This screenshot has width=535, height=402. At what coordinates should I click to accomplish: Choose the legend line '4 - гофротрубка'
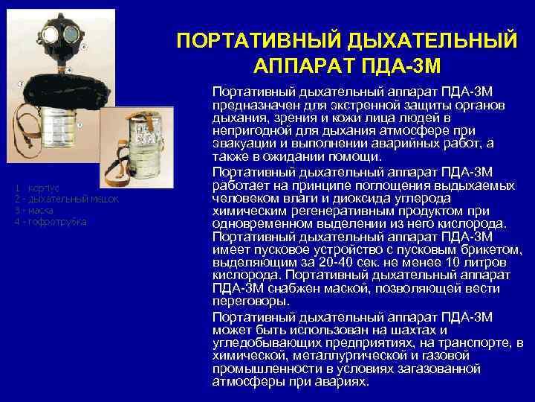51,222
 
